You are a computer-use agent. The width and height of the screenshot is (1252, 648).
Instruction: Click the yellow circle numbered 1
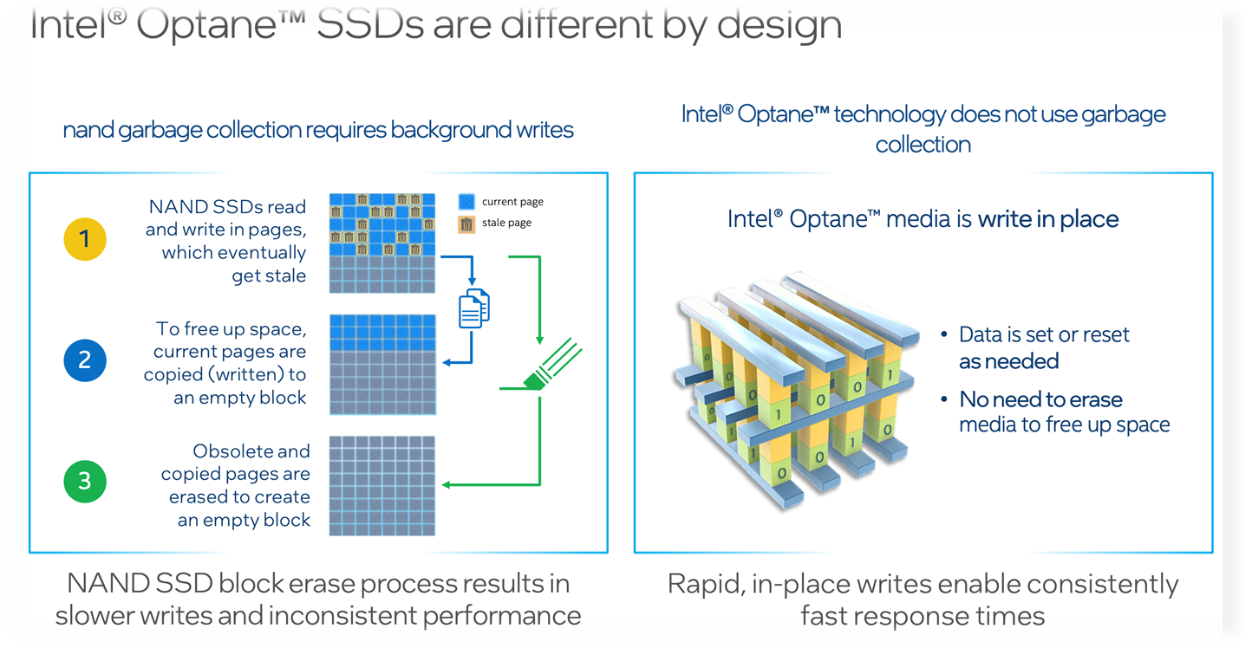click(85, 238)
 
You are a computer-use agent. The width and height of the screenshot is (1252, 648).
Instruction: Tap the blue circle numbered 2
click(85, 360)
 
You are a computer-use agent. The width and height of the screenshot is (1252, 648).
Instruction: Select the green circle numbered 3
click(85, 481)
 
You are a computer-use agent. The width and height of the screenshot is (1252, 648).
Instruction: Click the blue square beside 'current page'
click(466, 202)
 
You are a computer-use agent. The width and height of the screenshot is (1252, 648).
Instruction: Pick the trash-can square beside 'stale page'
click(466, 224)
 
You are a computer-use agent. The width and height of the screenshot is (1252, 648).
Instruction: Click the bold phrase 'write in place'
click(1048, 218)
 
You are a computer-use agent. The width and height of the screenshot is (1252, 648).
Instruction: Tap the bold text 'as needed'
click(1008, 360)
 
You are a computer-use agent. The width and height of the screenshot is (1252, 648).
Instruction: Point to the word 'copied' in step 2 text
click(173, 375)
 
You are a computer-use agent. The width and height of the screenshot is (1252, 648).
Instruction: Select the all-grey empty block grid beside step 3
click(382, 486)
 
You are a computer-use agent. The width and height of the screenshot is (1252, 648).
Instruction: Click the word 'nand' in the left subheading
click(87, 131)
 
